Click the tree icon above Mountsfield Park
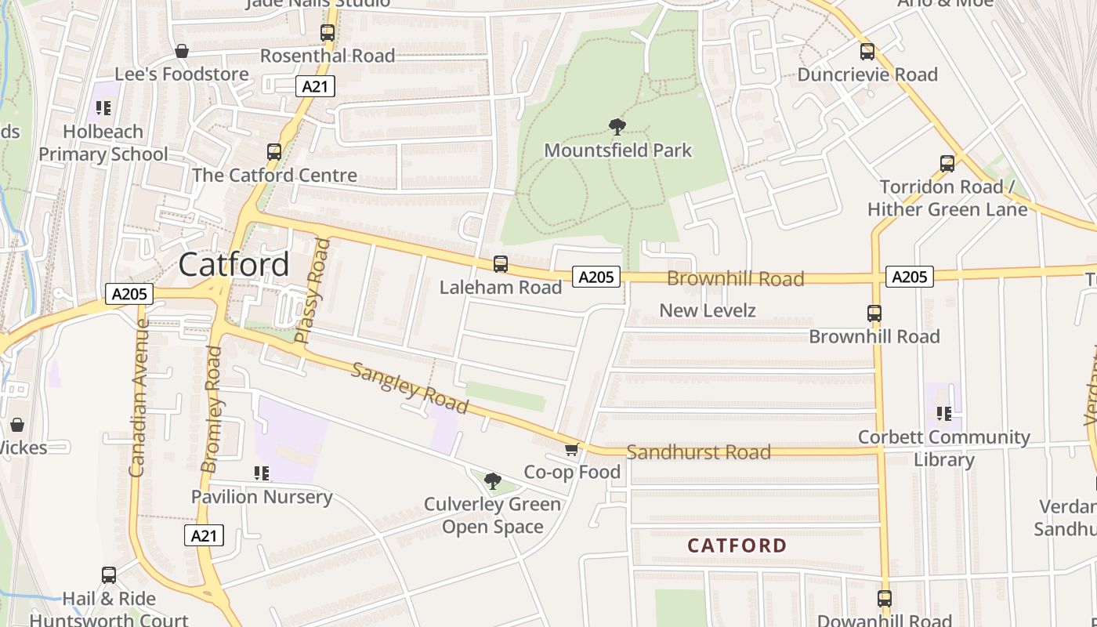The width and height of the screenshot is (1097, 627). coord(617,126)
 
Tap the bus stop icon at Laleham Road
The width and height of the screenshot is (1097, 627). coord(501,264)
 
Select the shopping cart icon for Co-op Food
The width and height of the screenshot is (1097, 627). coord(572,449)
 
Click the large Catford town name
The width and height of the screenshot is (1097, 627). coord(234,265)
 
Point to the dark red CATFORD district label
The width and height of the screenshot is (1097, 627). coord(737,545)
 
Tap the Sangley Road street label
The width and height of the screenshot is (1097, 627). coord(409,388)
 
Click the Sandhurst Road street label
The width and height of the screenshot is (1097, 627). coord(698,452)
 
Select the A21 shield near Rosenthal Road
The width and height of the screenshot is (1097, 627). coord(315,86)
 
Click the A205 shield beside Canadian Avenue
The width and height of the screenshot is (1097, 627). coord(129,294)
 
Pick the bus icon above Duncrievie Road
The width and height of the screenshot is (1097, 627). coord(867,52)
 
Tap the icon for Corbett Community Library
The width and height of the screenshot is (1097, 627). coord(944,413)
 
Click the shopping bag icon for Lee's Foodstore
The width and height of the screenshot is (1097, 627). coord(182,52)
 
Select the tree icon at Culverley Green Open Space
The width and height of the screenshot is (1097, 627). coord(493,480)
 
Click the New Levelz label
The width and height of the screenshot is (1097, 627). coord(707,310)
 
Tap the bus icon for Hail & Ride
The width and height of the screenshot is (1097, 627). coord(109,575)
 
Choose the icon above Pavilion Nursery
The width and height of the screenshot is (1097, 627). coord(262,473)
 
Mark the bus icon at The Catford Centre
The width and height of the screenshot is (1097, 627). coord(274,152)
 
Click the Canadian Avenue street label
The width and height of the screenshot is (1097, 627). coord(138,397)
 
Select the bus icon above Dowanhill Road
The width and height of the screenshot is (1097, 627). coord(885,599)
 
